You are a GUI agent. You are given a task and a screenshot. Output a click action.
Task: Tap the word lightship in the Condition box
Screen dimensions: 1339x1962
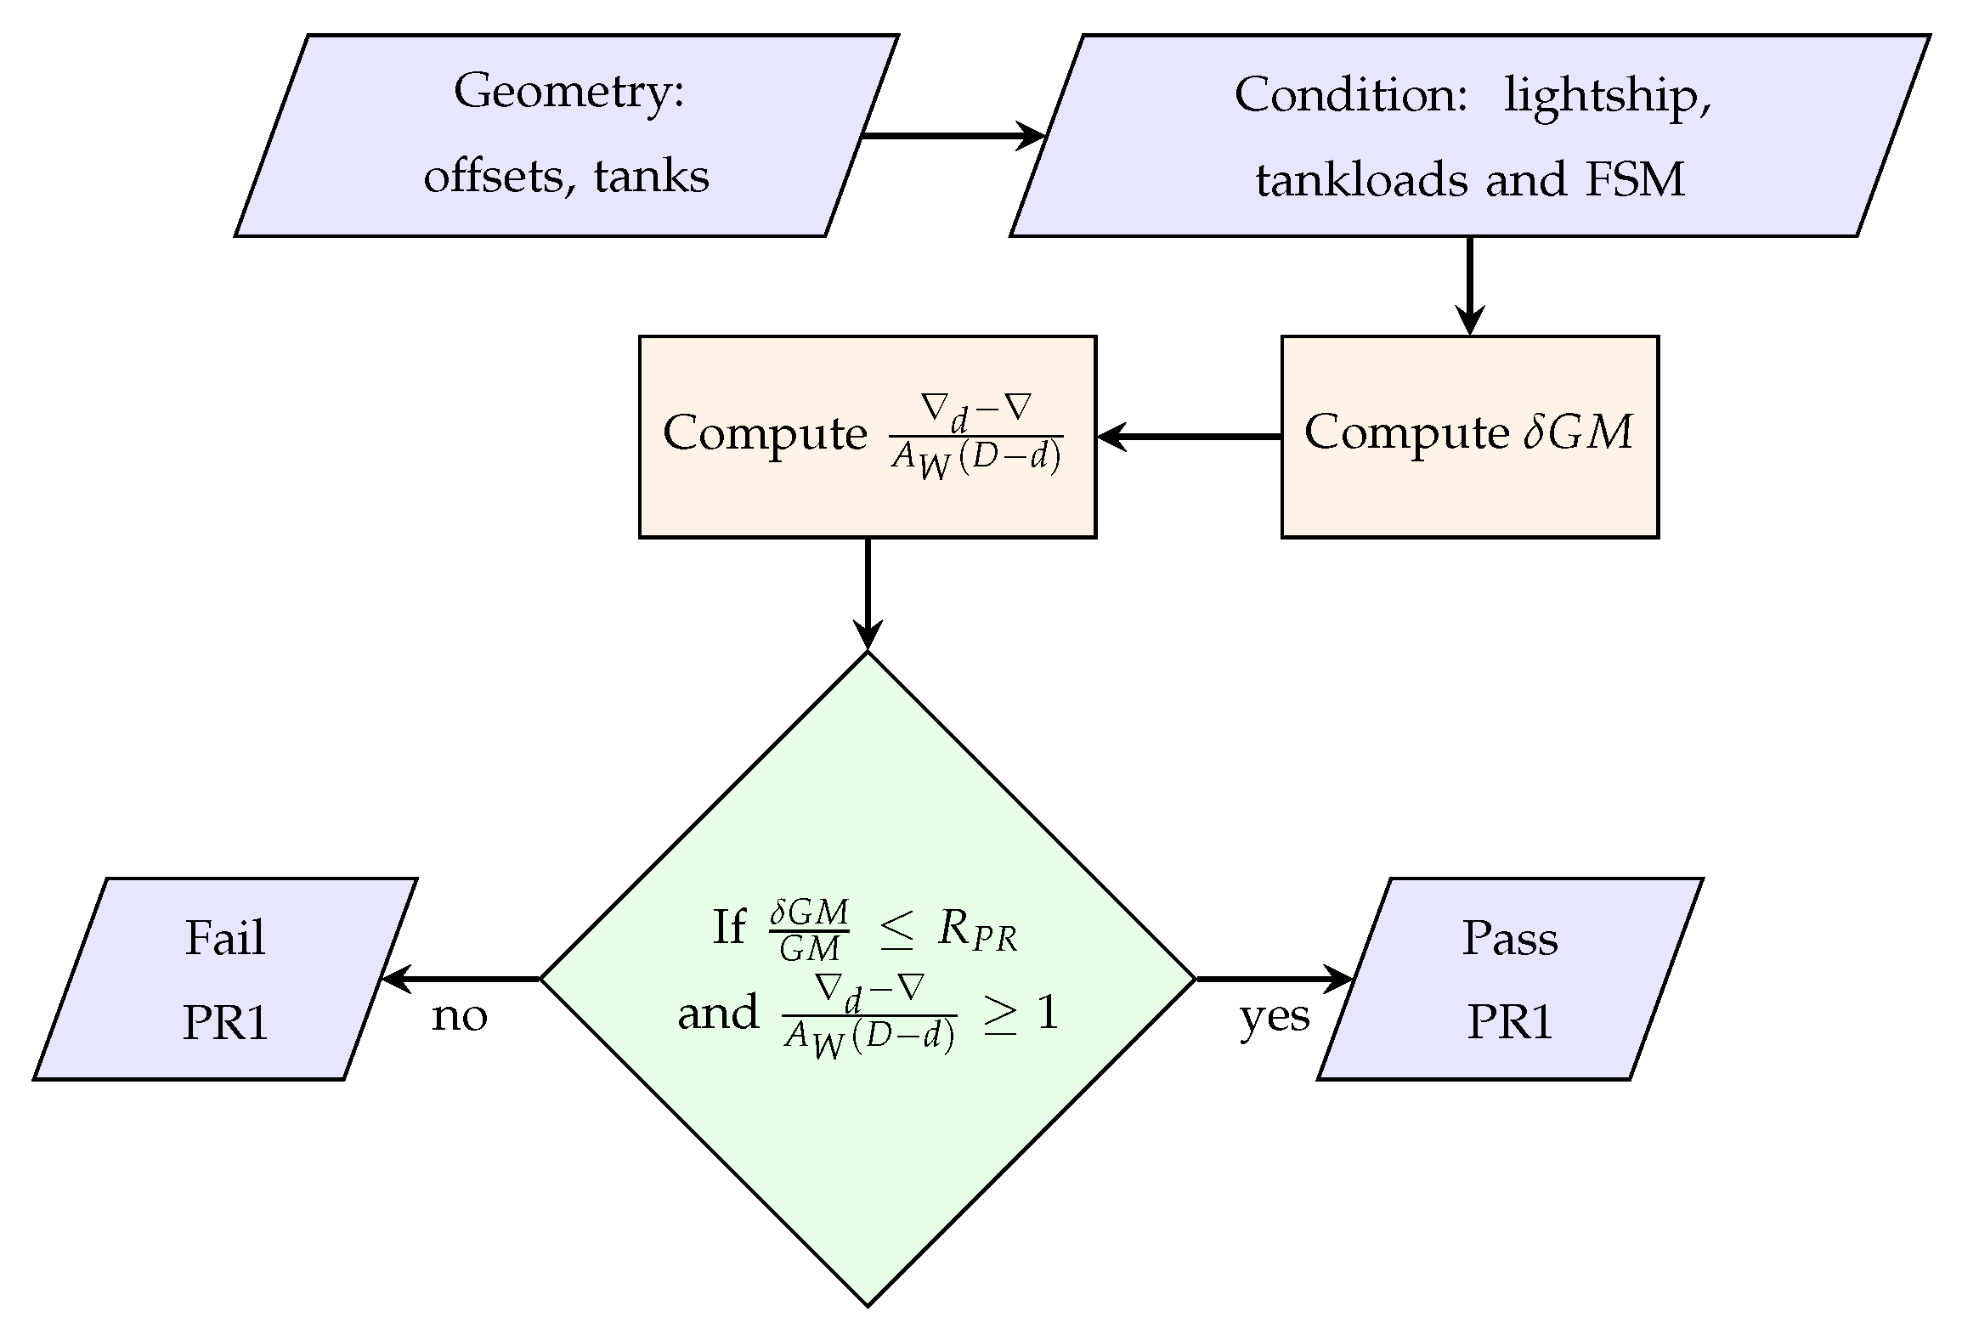pos(1606,96)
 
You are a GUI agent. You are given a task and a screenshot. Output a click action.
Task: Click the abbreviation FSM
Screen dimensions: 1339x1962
pos(1635,180)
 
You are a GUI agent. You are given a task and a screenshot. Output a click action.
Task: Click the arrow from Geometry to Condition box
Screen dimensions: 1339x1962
pos(952,136)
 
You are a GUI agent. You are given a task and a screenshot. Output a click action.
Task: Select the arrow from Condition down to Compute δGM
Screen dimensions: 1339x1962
pos(1469,285)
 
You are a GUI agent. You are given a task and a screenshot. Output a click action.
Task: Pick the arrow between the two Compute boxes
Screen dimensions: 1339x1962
pos(1189,437)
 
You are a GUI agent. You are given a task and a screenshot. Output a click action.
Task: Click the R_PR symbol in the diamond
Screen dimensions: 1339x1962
pos(977,931)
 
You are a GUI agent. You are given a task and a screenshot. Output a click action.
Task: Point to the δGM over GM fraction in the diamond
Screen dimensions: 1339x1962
pos(808,930)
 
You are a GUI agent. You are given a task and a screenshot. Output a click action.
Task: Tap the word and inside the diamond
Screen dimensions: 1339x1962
pos(718,1013)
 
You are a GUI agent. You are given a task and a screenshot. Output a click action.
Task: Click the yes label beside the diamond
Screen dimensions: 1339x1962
pos(1275,1016)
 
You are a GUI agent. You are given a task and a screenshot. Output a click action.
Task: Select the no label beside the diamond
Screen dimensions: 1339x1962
pos(460,1016)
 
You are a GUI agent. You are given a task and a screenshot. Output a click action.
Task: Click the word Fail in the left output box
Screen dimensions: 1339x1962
pos(225,939)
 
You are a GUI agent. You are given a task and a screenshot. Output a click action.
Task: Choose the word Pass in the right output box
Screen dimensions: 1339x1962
pos(1510,939)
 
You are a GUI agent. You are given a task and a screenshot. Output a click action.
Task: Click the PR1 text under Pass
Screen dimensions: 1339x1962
pos(1510,1022)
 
